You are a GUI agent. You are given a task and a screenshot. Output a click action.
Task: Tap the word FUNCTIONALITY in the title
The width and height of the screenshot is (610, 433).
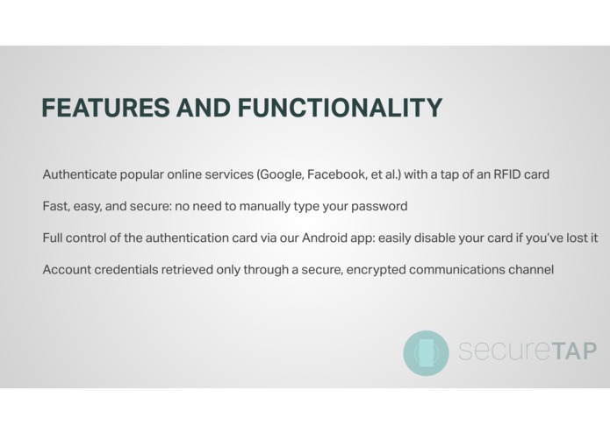pos(340,108)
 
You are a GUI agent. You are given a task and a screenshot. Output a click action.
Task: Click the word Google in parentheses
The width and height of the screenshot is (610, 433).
pos(280,174)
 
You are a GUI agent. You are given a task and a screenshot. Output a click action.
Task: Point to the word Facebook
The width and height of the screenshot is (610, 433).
pos(336,174)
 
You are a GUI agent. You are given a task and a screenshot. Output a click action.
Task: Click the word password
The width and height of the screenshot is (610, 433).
pos(378,207)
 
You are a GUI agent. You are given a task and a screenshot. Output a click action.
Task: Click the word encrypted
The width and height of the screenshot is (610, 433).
pos(378,270)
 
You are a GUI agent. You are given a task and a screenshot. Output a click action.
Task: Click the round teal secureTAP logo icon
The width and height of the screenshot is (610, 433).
pos(426,352)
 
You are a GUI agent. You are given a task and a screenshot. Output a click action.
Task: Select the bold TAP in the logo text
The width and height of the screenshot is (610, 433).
pos(563,351)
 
